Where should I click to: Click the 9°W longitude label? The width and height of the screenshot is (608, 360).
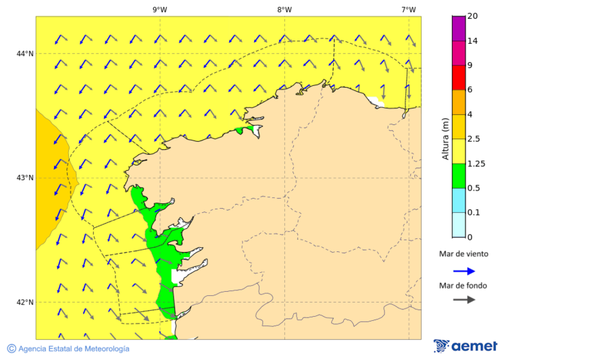pyautogui.click(x=160, y=9)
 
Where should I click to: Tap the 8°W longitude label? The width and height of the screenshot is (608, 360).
pyautogui.click(x=284, y=9)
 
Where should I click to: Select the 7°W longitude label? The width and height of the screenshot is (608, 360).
pyautogui.click(x=409, y=9)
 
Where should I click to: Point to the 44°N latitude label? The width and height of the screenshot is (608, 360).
pyautogui.click(x=25, y=53)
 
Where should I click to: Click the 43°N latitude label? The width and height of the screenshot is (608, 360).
pyautogui.click(x=25, y=178)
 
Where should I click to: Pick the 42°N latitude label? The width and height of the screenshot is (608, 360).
pyautogui.click(x=25, y=302)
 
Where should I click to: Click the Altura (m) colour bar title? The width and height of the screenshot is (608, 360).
pyautogui.click(x=445, y=138)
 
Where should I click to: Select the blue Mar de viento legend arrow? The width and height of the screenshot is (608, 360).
pyautogui.click(x=464, y=271)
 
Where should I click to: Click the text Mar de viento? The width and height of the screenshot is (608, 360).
pyautogui.click(x=463, y=255)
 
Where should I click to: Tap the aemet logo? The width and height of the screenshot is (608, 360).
pyautogui.click(x=465, y=346)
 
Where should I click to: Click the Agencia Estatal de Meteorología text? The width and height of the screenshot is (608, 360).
pyautogui.click(x=74, y=349)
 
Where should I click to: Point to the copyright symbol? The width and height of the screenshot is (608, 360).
pyautogui.click(x=11, y=349)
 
